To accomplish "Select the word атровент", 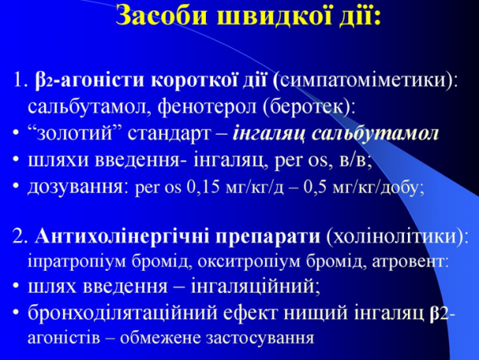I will point(410,260).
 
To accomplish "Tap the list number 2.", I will point(19,237).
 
